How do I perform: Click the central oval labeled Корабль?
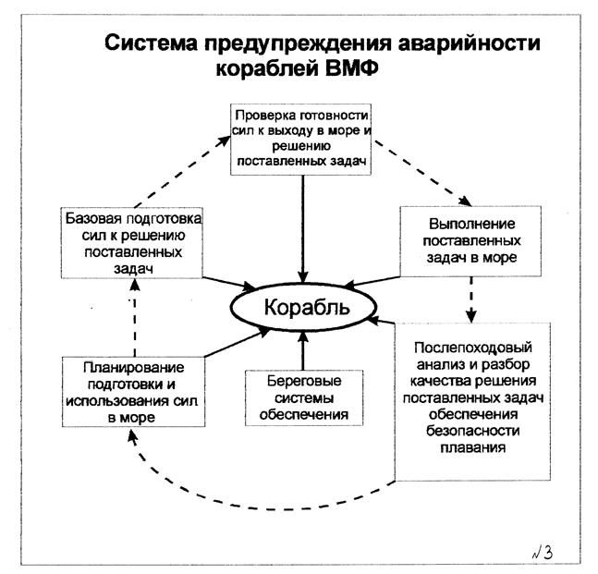301,308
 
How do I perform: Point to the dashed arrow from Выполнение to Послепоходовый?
470,298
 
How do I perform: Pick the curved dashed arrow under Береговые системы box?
268,506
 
